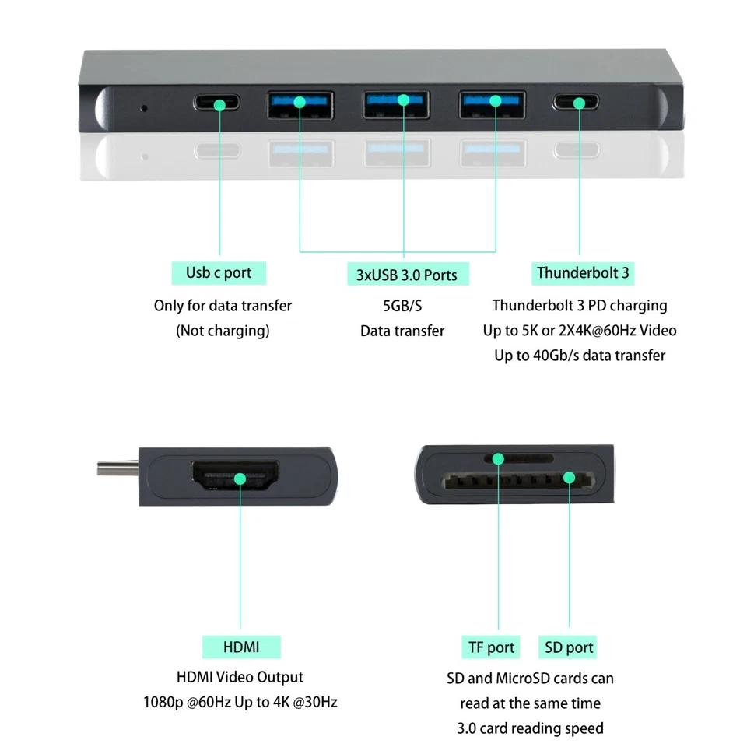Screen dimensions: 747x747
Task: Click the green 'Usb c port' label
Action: (219, 272)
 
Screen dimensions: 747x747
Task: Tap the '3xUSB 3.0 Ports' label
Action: (406, 274)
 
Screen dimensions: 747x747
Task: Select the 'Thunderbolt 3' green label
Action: (583, 272)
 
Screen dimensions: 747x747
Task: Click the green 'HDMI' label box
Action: (241, 647)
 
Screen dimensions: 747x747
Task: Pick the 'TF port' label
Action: (491, 647)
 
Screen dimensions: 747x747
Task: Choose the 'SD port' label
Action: (569, 647)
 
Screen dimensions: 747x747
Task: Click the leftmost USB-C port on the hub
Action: (219, 103)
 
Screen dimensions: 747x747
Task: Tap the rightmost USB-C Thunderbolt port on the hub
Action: (580, 103)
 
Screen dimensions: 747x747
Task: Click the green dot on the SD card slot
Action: (569, 477)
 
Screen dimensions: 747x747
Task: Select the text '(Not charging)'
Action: (223, 331)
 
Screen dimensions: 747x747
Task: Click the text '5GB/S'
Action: (402, 306)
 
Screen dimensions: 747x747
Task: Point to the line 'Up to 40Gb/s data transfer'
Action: (580, 356)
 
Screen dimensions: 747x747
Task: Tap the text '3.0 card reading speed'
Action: (530, 728)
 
